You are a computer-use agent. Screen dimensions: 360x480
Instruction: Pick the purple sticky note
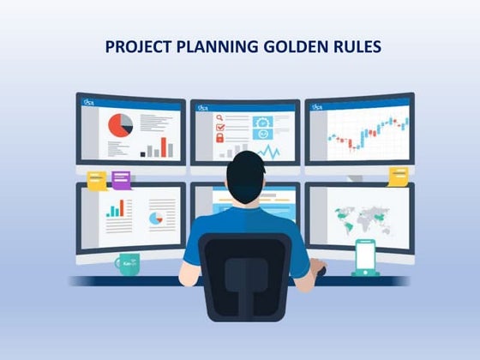[x=121, y=180]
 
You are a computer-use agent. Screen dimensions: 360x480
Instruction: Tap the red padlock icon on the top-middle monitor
[x=220, y=137]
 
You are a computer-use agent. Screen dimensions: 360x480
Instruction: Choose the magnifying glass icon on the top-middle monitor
[x=220, y=118]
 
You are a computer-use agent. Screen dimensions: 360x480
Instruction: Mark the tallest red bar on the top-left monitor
[x=168, y=144]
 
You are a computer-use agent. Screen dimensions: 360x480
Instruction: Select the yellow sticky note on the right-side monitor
[x=399, y=176]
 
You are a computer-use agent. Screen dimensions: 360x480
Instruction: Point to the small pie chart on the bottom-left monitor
[x=155, y=218]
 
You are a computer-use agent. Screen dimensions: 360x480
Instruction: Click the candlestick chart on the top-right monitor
[x=366, y=133]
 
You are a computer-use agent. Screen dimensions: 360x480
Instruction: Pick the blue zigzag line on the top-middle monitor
[x=268, y=153]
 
